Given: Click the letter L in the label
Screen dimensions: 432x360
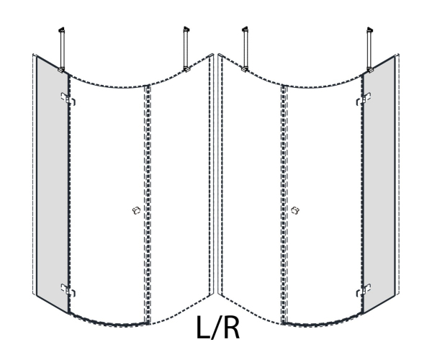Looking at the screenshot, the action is [x=203, y=327].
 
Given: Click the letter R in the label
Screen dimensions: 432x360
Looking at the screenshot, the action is [x=230, y=327].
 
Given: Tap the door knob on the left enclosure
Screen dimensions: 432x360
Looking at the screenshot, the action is [x=136, y=210].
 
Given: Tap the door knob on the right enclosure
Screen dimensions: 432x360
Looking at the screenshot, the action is [x=295, y=210].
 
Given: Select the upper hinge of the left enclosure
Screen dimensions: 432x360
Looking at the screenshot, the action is [x=68, y=99].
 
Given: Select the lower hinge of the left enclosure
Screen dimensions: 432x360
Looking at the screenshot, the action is [x=68, y=290].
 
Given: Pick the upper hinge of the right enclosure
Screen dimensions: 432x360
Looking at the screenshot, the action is [x=364, y=99].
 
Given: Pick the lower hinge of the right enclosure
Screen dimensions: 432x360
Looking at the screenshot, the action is [x=364, y=290].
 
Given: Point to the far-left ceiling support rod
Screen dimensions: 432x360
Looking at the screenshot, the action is [x=62, y=50].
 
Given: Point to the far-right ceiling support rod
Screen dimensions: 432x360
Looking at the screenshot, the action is [x=370, y=50].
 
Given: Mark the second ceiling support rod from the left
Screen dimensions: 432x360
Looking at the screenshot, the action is [x=186, y=50].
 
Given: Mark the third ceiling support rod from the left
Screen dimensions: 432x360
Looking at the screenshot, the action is [x=245, y=50].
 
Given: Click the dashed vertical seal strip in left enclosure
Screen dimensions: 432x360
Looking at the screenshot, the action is [x=148, y=204].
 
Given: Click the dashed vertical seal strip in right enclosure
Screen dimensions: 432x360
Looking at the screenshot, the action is [x=284, y=204].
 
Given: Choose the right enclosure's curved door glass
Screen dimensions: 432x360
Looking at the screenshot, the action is [x=325, y=201].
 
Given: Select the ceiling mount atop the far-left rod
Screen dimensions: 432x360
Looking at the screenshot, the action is [x=61, y=30].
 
